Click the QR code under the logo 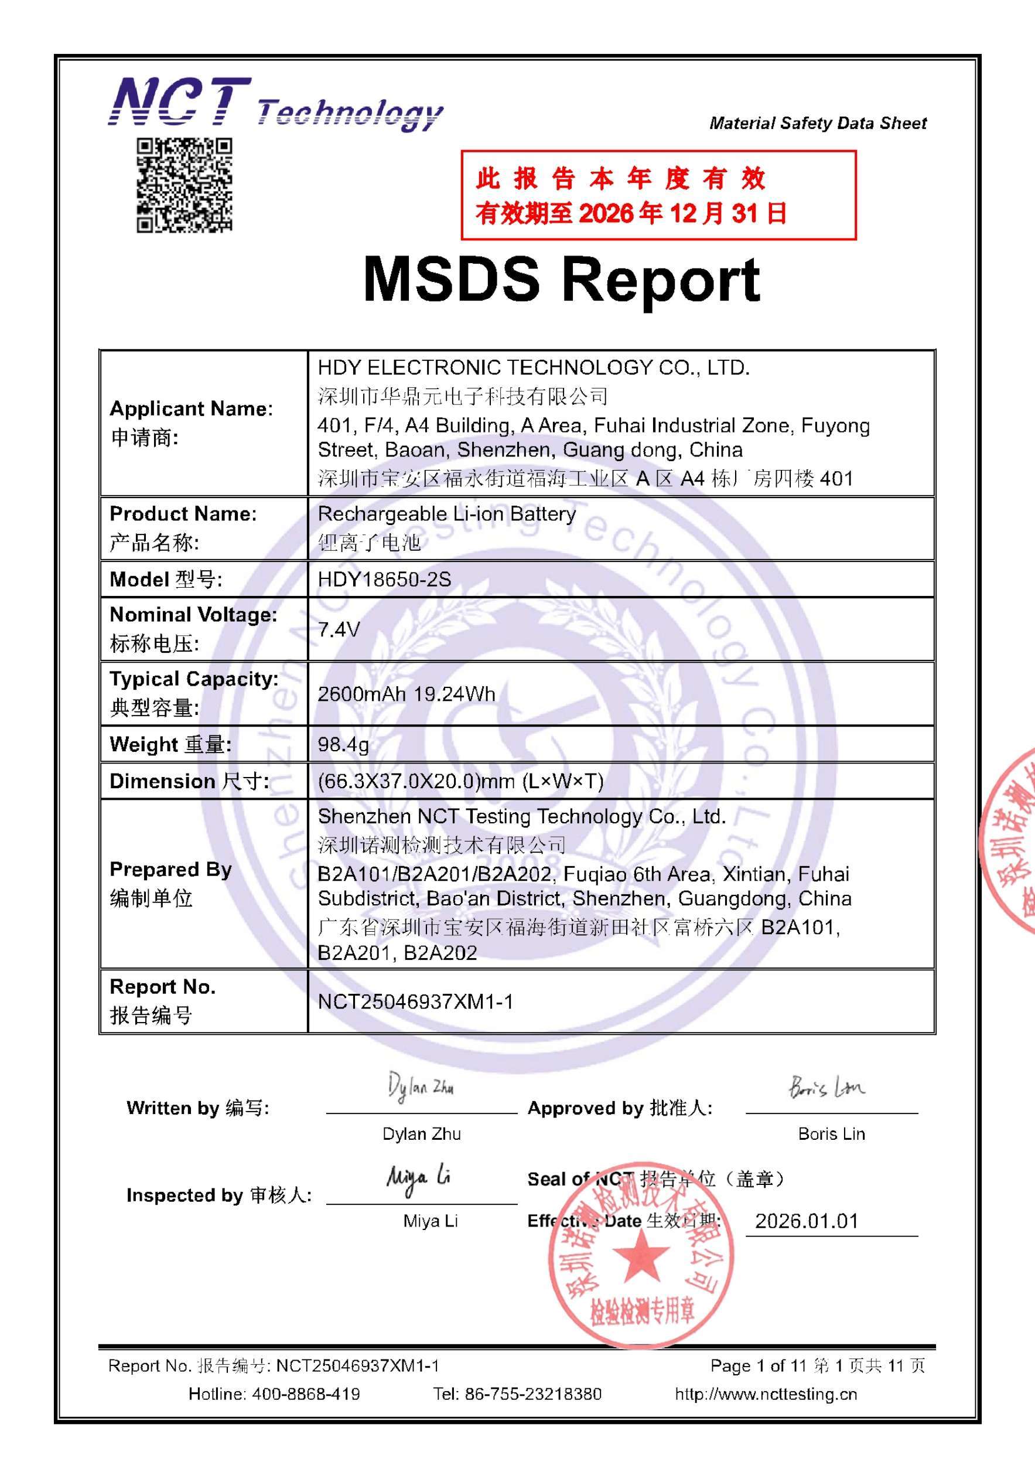coord(185,185)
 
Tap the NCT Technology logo coord(275,104)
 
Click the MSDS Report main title coord(561,280)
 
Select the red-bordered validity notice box coord(658,195)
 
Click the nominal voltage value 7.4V coord(339,630)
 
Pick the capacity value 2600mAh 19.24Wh coord(407,694)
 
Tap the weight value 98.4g coord(343,744)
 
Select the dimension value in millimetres coord(460,781)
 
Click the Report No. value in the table coord(415,1001)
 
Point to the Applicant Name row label coord(191,423)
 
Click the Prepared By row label coord(170,883)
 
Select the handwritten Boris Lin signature coord(826,1086)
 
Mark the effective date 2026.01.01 coord(807,1221)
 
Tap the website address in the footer coord(766,1394)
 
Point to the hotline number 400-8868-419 coord(305,1394)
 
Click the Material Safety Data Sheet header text coord(818,123)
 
